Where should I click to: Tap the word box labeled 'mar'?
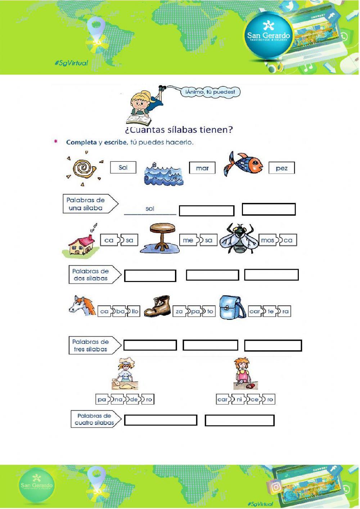click(202, 168)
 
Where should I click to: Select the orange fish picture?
click(244, 165)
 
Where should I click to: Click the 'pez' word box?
click(282, 168)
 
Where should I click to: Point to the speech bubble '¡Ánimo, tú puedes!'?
click(210, 92)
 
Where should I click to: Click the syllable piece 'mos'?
click(267, 240)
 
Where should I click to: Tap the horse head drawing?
click(82, 306)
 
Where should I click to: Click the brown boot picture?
click(158, 306)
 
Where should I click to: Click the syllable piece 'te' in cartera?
click(271, 312)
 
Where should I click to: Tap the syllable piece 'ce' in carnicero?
click(255, 399)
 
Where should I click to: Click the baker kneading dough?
click(125, 376)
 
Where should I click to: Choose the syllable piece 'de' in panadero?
click(134, 399)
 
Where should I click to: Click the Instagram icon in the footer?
click(276, 487)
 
